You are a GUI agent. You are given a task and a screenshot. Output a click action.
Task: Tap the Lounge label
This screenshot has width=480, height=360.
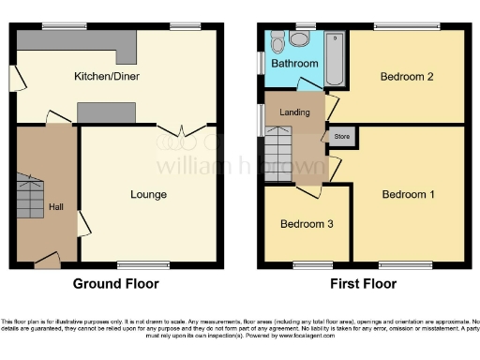148,195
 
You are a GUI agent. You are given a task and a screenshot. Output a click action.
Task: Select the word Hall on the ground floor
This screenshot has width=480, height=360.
56,207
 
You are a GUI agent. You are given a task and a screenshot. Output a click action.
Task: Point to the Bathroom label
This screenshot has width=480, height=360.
294,64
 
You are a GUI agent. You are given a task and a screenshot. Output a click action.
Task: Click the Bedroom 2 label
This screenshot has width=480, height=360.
406,78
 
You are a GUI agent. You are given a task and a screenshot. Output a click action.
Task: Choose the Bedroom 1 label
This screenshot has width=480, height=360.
408,195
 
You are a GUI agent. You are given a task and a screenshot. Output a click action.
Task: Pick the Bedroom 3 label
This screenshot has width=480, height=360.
305,225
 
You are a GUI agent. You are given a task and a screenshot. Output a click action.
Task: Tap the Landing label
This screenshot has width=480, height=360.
294,112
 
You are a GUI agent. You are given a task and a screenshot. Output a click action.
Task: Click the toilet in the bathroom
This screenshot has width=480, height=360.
300,39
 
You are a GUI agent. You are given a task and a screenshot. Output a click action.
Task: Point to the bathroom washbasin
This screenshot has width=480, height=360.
277,42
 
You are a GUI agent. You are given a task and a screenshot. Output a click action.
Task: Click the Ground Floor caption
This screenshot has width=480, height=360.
116,283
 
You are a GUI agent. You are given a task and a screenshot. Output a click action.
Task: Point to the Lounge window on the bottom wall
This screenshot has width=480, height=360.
145,264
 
